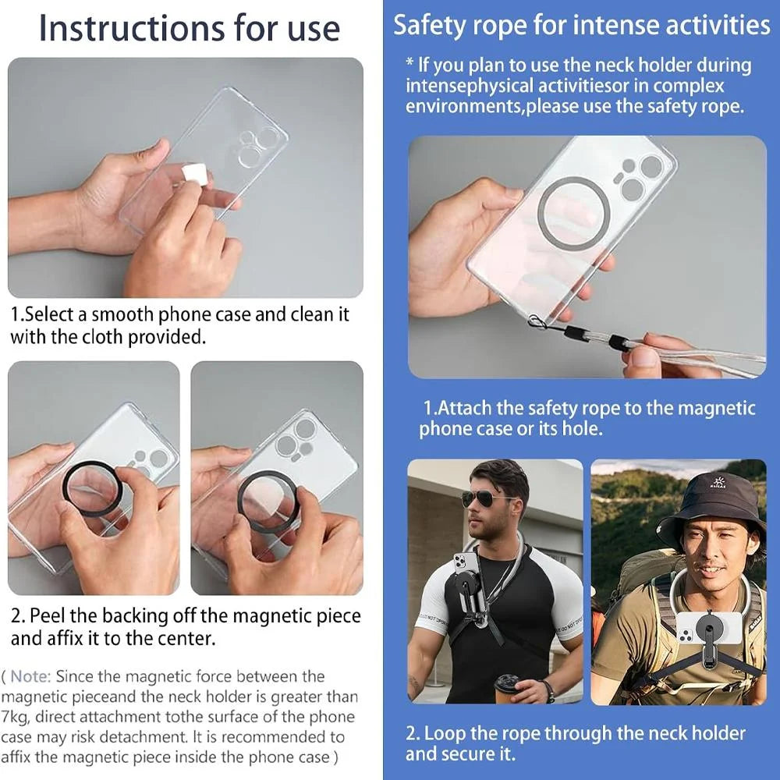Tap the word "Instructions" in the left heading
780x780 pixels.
133,28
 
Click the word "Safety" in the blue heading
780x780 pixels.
425,25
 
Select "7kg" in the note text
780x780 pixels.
14,718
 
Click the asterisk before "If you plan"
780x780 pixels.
409,63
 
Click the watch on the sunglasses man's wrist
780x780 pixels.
549,690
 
